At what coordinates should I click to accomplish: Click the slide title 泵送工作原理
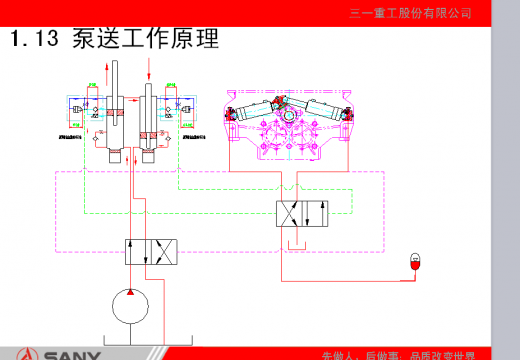145,39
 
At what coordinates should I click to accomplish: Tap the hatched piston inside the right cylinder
149,133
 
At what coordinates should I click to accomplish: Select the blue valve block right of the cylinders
181,106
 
